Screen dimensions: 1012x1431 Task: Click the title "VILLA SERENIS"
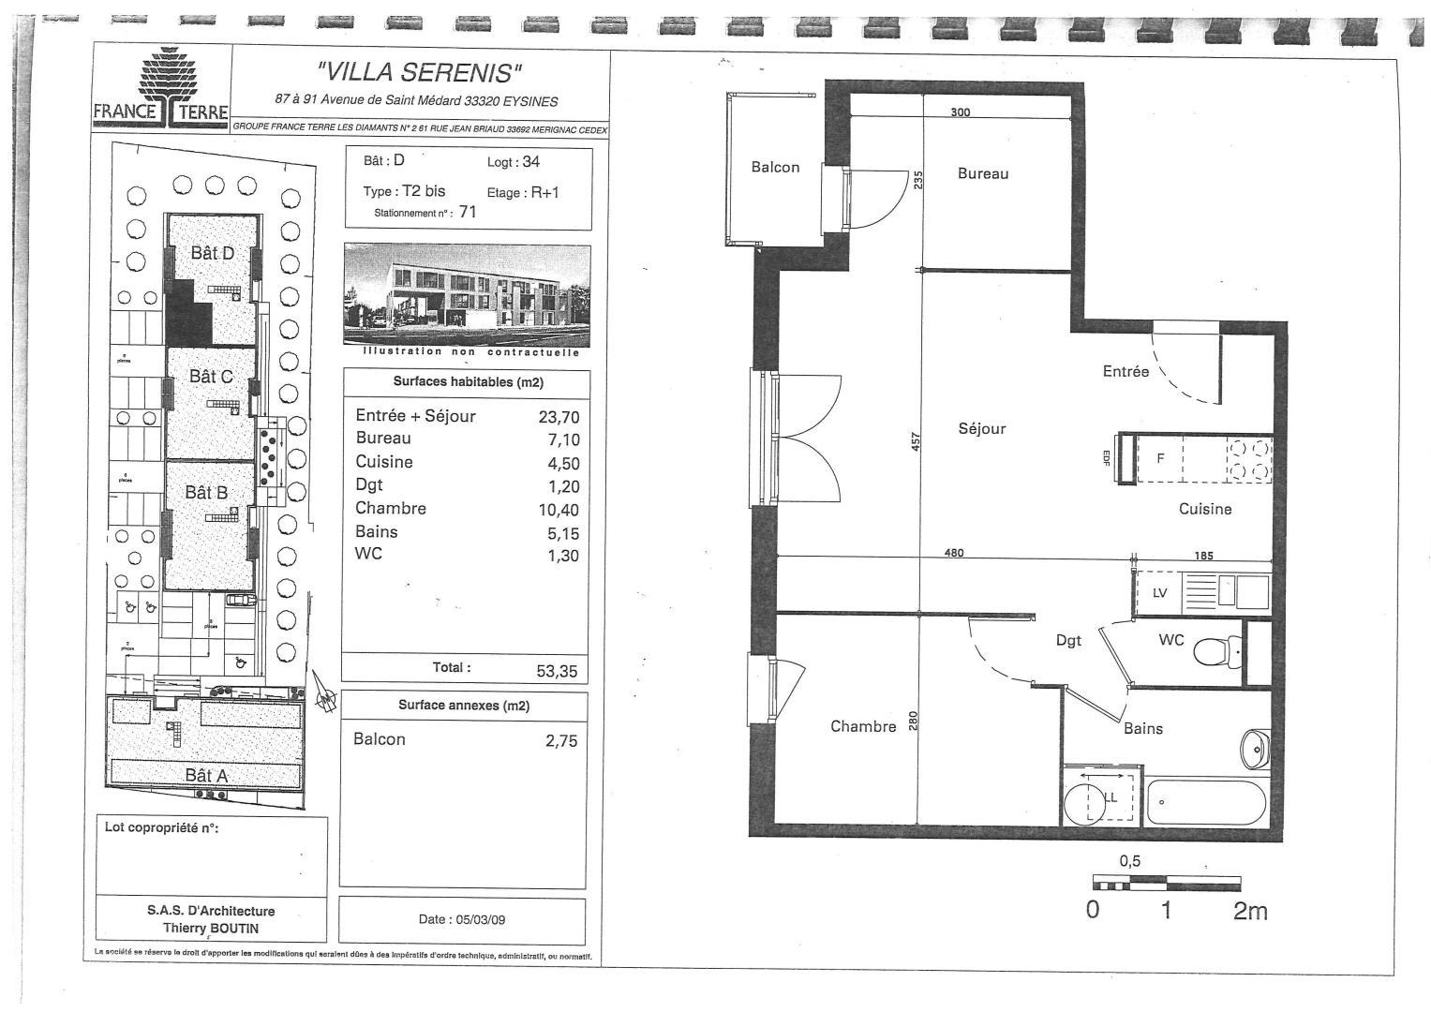pos(420,72)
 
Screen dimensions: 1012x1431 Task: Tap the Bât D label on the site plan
pos(212,253)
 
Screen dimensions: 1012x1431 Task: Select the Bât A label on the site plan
pos(206,775)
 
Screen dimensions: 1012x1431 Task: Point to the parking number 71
pos(468,212)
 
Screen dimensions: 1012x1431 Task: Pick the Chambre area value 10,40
pos(559,510)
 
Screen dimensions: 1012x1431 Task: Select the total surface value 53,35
pos(557,671)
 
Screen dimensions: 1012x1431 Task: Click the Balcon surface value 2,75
pos(561,740)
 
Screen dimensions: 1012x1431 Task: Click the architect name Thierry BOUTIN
pos(211,928)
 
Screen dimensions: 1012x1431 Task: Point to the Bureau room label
pos(983,173)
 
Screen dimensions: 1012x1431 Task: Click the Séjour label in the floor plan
pos(981,428)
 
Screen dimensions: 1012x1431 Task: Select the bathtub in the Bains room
pos(1206,802)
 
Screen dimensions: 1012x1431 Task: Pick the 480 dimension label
pos(954,552)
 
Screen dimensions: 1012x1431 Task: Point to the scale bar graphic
pos(1166,883)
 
